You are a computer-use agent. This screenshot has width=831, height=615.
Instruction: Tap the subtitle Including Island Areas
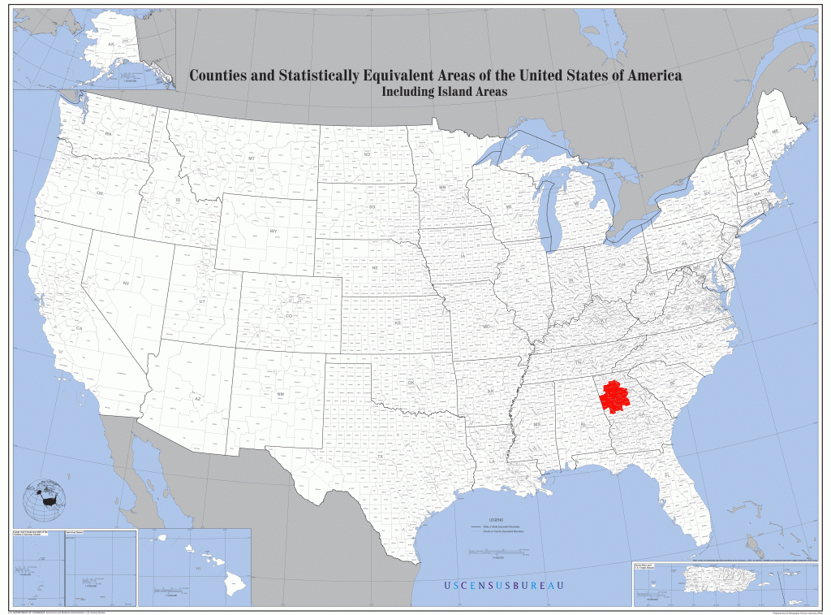click(444, 92)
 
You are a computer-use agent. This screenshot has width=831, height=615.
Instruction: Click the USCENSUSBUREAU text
click(503, 586)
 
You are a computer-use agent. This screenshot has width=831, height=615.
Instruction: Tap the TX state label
click(380, 457)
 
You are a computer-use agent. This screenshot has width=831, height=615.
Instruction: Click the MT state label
click(252, 158)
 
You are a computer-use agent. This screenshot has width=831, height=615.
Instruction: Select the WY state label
click(273, 231)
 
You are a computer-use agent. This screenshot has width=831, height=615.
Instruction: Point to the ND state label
click(367, 154)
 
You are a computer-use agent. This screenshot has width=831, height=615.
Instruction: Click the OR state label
click(100, 193)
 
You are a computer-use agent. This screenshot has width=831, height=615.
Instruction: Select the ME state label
click(775, 132)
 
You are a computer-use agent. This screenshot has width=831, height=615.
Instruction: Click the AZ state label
click(196, 399)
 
